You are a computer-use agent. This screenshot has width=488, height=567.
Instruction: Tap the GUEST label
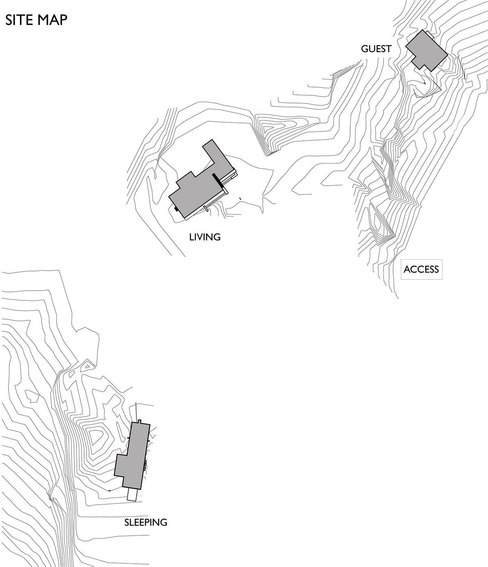(376, 49)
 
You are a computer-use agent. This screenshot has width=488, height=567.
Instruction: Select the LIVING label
(205, 236)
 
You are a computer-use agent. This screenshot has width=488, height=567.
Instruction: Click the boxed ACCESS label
(421, 269)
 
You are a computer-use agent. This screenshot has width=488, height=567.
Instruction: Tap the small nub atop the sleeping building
(139, 421)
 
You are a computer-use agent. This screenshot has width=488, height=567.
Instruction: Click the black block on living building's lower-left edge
(176, 209)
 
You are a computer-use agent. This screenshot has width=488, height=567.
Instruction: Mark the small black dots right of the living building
(240, 199)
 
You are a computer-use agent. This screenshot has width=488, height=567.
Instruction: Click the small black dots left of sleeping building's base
(109, 490)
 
